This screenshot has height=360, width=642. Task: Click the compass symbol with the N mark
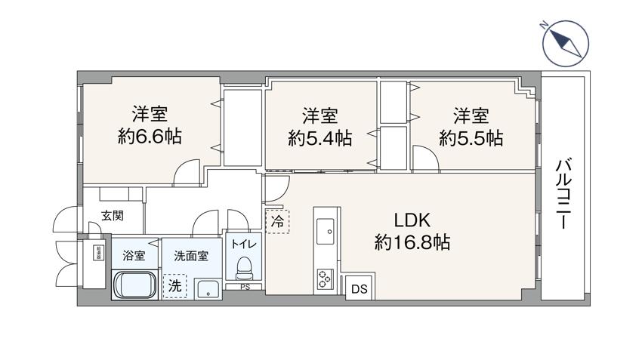tap(564, 44)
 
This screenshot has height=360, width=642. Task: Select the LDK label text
tap(412, 220)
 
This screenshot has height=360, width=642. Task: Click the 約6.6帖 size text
tap(150, 137)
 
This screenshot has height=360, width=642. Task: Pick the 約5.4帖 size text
tap(319, 138)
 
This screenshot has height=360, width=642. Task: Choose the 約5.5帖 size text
tap(471, 138)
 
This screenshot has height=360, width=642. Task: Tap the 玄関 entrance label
tap(113, 217)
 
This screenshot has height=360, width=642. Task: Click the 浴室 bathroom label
tap(134, 255)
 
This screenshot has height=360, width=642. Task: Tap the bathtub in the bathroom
tap(136, 286)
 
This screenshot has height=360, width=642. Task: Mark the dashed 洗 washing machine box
tap(174, 286)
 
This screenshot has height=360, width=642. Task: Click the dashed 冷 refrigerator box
tap(277, 221)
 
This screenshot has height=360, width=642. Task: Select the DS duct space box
tap(357, 289)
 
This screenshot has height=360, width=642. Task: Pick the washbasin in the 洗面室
tap(206, 289)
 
